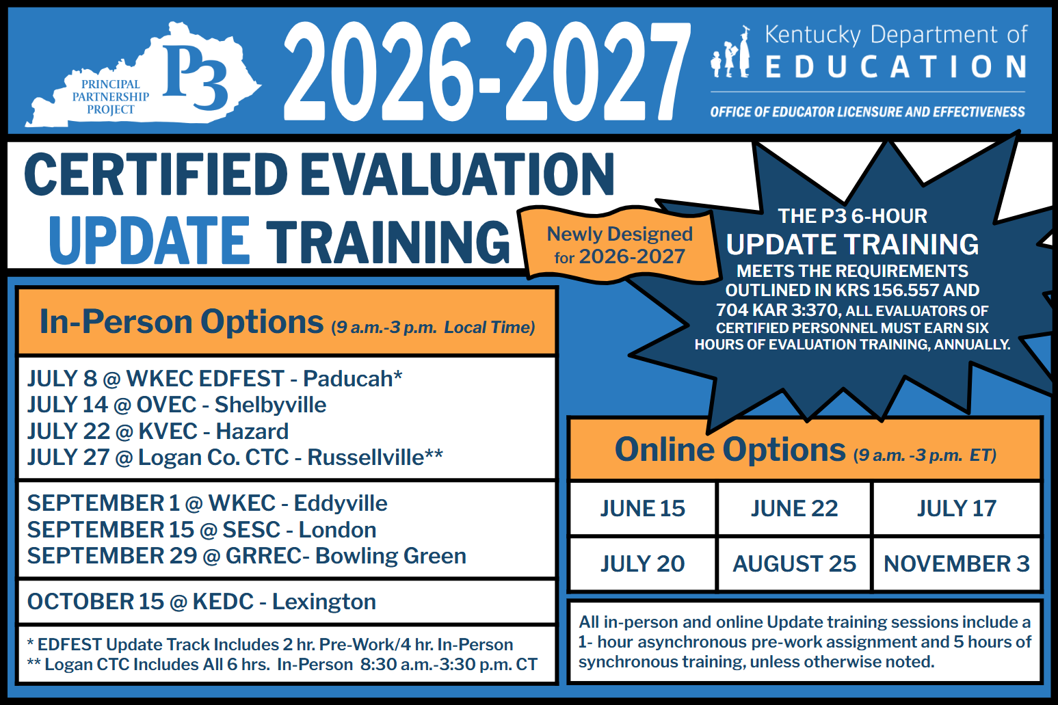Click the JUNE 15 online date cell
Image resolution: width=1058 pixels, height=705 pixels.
pyautogui.click(x=642, y=508)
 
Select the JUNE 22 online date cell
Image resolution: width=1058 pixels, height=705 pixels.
pyautogui.click(x=794, y=508)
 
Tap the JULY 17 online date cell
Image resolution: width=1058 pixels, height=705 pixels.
pyautogui.click(x=956, y=508)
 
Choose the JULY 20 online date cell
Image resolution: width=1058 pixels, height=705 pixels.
pyautogui.click(x=642, y=563)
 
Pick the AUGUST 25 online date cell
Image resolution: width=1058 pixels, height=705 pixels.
pyautogui.click(x=794, y=563)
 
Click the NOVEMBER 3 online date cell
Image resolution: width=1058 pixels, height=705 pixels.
pyautogui.click(x=956, y=563)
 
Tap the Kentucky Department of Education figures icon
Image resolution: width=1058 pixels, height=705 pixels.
pyautogui.click(x=731, y=53)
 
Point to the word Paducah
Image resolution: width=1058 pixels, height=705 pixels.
pyautogui.click(x=348, y=378)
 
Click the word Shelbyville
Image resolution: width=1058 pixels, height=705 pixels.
pyautogui.click(x=270, y=405)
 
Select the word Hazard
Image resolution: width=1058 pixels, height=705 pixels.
pyautogui.click(x=252, y=431)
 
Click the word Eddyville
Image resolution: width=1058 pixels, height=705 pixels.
pyautogui.click(x=340, y=503)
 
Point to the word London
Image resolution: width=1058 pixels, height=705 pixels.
pyautogui.click(x=337, y=530)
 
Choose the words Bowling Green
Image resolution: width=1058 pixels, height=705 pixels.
pyautogui.click(x=391, y=556)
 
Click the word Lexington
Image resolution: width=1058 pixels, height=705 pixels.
pyautogui.click(x=323, y=602)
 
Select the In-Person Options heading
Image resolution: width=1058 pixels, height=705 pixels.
pyautogui.click(x=181, y=321)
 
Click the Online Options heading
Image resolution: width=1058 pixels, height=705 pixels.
pyautogui.click(x=730, y=450)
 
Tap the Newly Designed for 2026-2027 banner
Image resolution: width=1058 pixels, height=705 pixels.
pyautogui.click(x=620, y=245)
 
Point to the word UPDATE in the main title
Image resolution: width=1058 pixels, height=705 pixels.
pyautogui.click(x=149, y=241)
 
